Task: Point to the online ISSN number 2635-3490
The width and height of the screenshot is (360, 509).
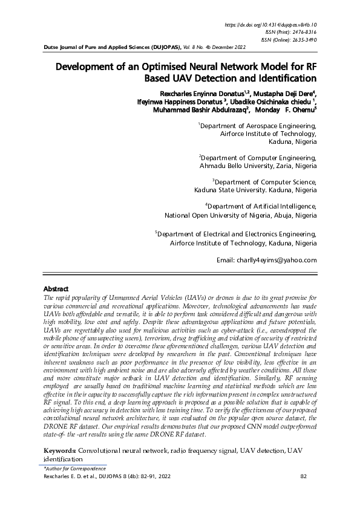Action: coord(300,39)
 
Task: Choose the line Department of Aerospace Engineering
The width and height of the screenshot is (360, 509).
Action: coord(258,126)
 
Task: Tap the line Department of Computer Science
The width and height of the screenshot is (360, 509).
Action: coord(264,181)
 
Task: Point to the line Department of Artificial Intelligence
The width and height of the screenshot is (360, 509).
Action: coord(261,207)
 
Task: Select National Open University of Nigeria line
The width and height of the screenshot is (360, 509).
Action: coord(240,215)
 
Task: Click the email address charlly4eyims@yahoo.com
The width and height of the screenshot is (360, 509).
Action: coord(267,260)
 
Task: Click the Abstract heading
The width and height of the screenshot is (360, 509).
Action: coord(57,289)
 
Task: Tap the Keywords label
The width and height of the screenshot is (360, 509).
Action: coord(61,452)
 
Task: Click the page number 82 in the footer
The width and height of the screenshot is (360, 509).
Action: coord(304,476)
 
